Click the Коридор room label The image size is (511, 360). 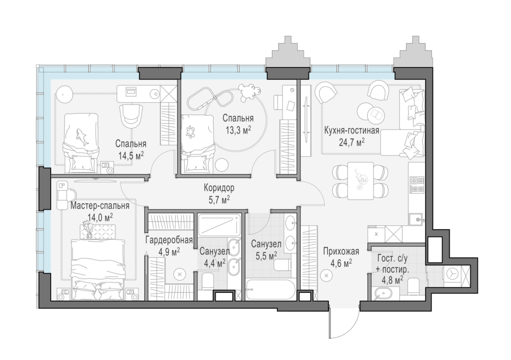click(219, 188)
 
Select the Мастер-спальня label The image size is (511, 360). click(100, 206)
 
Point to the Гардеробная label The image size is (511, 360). click(169, 240)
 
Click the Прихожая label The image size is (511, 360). click(341, 251)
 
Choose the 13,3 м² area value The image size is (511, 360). click(238, 130)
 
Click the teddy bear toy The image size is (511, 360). click(250, 92)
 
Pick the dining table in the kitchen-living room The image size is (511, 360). click(360, 181)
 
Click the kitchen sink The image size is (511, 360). click(416, 220)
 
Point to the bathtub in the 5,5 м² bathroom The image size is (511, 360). click(271, 290)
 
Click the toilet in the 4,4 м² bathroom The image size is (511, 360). click(207, 282)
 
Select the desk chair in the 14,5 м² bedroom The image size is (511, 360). click(132, 115)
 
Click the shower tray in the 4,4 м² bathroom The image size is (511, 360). click(219, 225)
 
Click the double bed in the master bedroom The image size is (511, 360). click(98, 270)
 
